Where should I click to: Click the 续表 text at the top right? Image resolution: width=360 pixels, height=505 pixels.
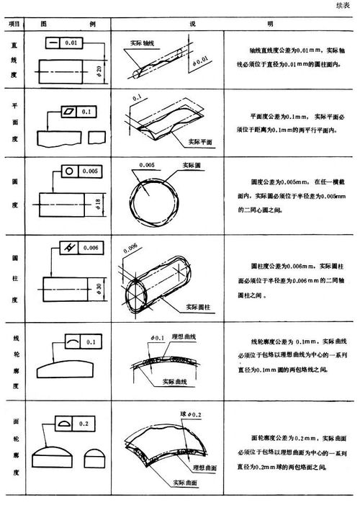[342, 6]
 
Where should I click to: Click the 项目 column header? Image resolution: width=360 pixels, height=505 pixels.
[13, 24]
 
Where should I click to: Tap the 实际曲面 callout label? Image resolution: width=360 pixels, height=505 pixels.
[178, 481]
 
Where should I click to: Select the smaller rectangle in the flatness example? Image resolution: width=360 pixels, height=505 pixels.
[94, 136]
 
